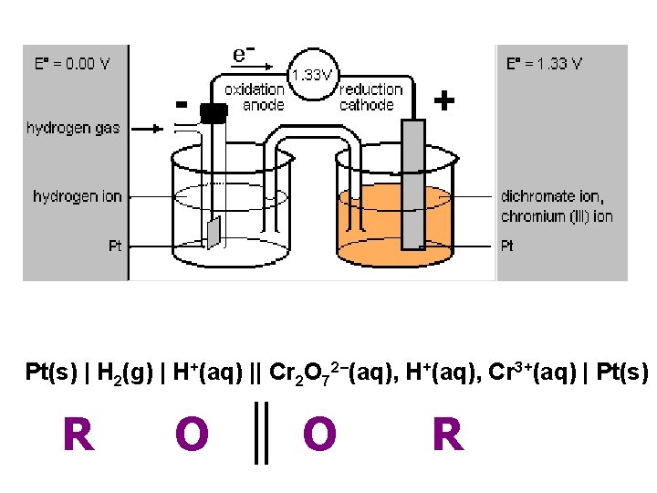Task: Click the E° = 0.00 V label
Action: [x=72, y=64]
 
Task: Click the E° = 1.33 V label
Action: [x=545, y=64]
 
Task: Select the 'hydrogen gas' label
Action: [x=72, y=129]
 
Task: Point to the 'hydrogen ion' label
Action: [x=78, y=196]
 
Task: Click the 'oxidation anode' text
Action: [x=255, y=97]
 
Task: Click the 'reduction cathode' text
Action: [x=370, y=97]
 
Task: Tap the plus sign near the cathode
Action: [x=443, y=100]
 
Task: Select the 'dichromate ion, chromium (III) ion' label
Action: [x=557, y=206]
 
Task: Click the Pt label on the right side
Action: [x=508, y=246]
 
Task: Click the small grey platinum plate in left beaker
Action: [x=213, y=233]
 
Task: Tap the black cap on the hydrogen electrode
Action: [x=213, y=113]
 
